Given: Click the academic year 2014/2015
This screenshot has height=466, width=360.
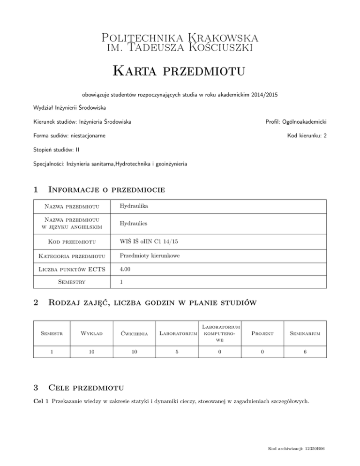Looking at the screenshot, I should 262,94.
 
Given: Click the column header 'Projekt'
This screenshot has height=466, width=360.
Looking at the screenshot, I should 265,333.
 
